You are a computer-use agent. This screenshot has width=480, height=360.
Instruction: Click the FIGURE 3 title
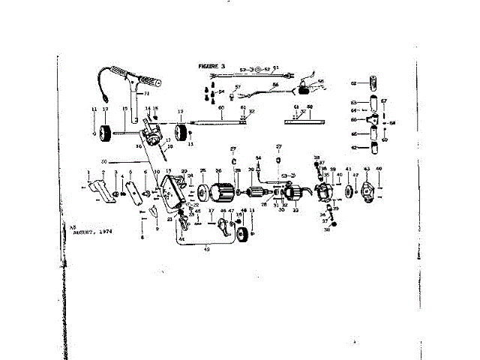[212, 66]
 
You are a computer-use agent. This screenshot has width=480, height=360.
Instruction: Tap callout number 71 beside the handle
[147, 94]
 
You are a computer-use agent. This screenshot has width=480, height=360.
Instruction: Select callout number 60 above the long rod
[221, 108]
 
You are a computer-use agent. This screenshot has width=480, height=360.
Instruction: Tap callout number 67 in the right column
[383, 100]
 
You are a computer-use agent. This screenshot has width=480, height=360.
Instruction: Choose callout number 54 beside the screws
[221, 91]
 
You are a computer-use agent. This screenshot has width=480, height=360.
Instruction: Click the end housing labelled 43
[367, 192]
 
